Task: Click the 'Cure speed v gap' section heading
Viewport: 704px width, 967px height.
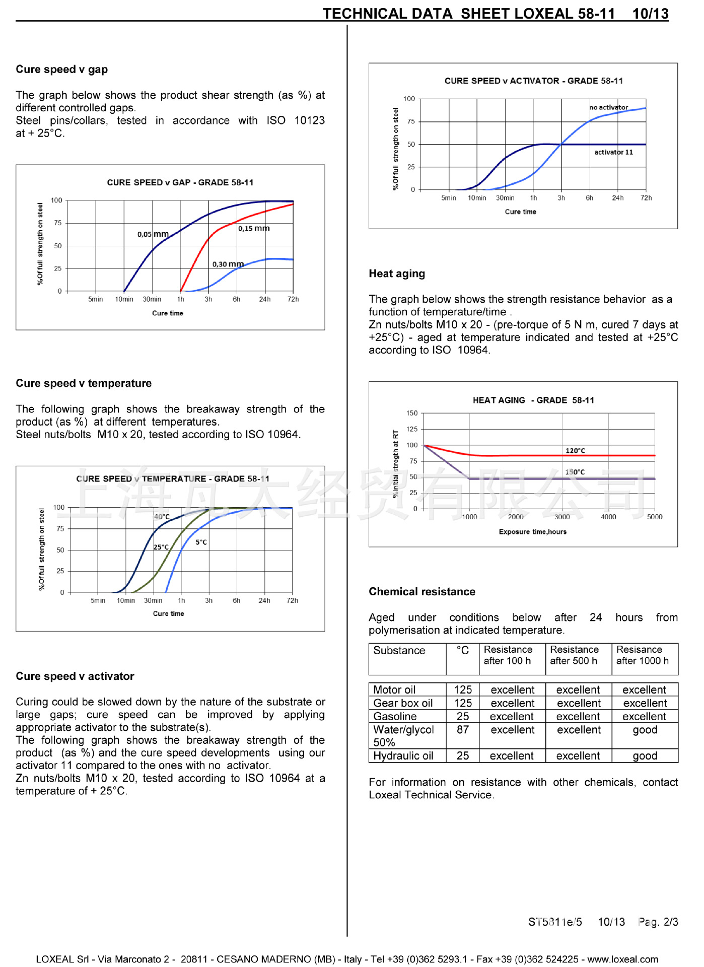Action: point(61,70)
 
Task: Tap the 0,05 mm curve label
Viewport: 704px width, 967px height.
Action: point(153,234)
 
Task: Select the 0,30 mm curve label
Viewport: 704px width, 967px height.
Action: point(228,264)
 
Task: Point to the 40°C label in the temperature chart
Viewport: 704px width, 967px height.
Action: point(162,517)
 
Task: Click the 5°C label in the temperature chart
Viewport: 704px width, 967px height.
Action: point(201,542)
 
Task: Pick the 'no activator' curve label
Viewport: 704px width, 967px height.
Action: point(609,107)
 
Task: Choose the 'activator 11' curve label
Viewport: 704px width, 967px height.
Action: point(613,152)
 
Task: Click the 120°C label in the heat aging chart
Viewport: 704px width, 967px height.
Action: point(575,451)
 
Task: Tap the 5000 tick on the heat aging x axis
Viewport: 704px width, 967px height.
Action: point(655,517)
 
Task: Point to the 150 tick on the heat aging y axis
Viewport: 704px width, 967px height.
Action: point(412,413)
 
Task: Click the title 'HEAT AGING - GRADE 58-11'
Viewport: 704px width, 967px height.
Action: point(533,400)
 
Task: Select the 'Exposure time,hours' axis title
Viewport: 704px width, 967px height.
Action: point(532,532)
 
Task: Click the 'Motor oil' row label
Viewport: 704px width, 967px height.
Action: point(394,690)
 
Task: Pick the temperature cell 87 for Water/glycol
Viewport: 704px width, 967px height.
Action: point(462,730)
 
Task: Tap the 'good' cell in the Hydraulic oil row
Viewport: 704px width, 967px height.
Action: point(645,756)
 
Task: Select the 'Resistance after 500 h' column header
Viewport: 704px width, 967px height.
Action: point(574,655)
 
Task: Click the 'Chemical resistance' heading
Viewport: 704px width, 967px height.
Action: point(421,592)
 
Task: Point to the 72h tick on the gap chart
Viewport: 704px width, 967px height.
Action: point(293,299)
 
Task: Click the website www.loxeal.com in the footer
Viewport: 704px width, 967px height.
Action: point(622,959)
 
